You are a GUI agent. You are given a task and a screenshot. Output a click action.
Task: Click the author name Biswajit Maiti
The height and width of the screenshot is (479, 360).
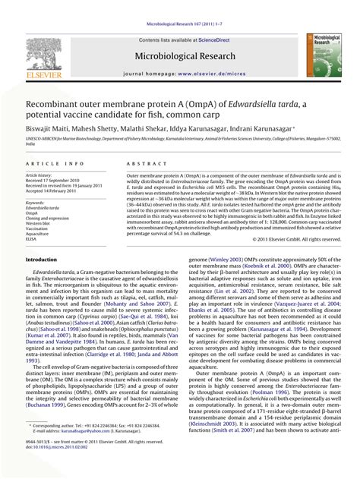click(52, 130)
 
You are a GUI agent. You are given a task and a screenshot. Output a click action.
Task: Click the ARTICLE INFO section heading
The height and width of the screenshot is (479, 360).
click(55, 164)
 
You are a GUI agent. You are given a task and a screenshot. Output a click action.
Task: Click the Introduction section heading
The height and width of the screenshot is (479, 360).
click(47, 259)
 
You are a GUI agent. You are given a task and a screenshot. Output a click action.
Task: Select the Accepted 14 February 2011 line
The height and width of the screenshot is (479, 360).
click(58, 191)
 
